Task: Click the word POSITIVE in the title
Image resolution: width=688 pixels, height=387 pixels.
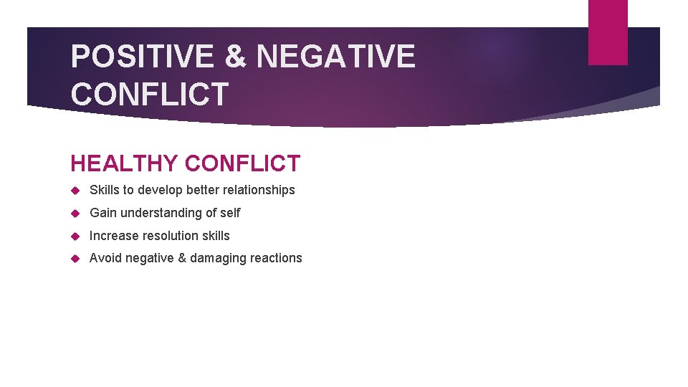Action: click(x=142, y=57)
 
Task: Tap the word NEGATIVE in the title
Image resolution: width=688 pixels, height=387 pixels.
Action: click(x=335, y=57)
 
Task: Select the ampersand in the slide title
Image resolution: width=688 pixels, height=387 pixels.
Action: click(x=235, y=57)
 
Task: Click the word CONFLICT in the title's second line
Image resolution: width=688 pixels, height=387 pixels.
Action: click(x=150, y=94)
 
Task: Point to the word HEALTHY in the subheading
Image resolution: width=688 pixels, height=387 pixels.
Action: click(x=124, y=163)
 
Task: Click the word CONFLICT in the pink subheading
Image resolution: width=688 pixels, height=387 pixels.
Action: click(x=242, y=163)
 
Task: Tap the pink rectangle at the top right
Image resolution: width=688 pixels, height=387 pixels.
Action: click(x=608, y=32)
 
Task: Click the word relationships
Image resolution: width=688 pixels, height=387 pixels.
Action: click(x=259, y=190)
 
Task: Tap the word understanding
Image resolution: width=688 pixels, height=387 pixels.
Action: click(x=161, y=213)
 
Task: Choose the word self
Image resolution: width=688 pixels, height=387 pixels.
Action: click(x=230, y=213)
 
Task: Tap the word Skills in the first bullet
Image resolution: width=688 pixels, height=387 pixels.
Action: click(x=104, y=190)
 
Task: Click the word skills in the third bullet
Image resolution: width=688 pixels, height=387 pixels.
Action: click(x=216, y=236)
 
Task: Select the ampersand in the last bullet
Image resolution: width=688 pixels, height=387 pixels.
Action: click(x=181, y=258)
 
